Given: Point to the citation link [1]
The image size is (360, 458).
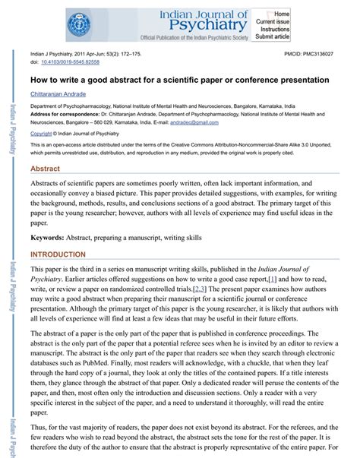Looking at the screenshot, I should pyautogui.click(x=273, y=280).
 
